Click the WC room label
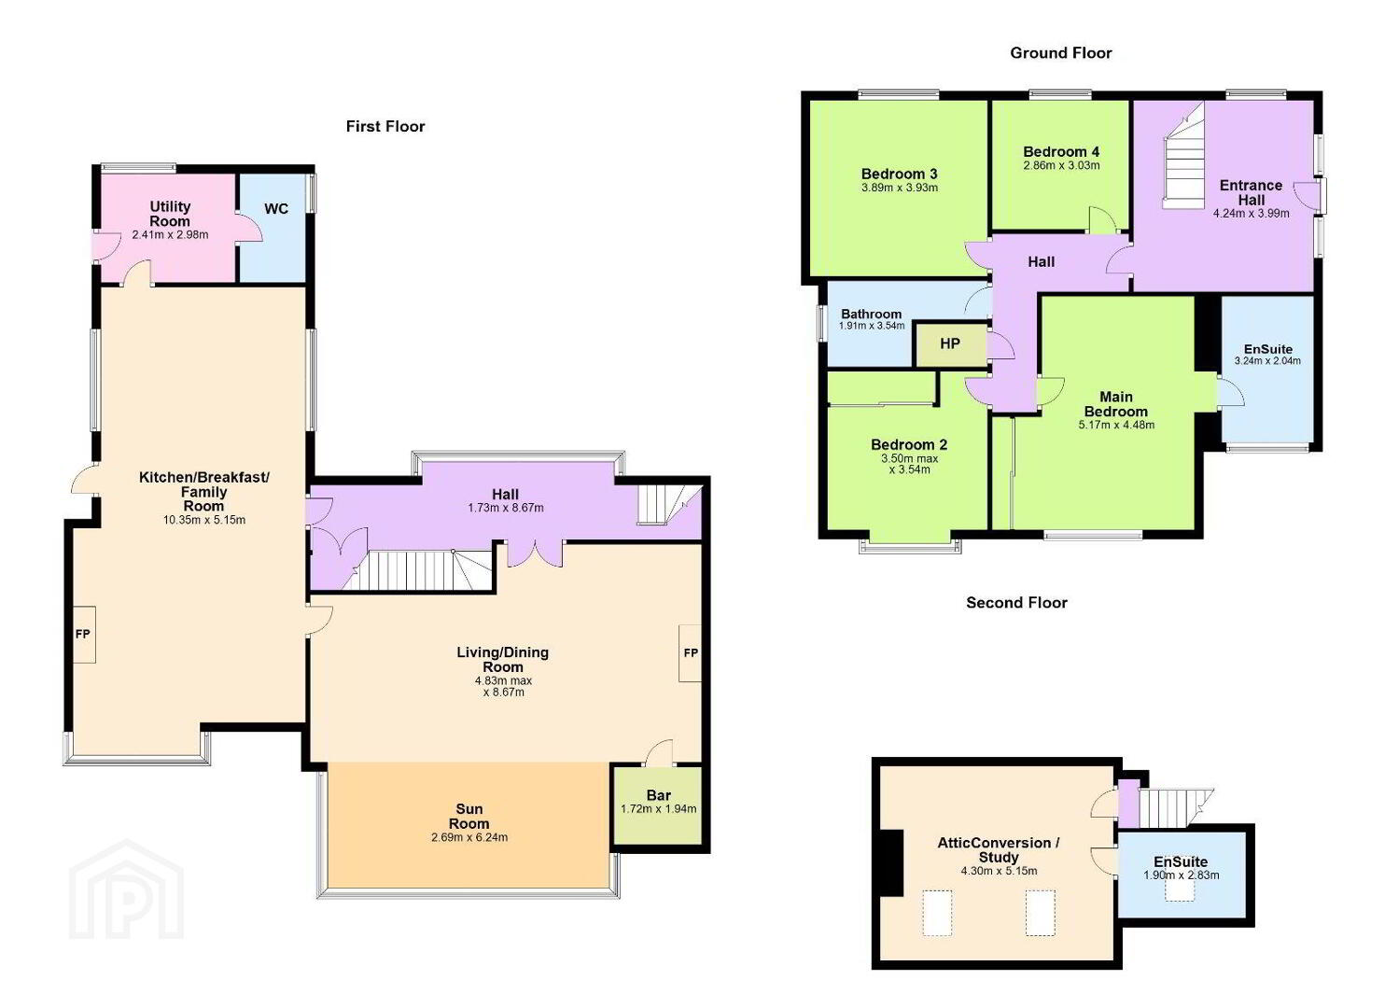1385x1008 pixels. (x=275, y=208)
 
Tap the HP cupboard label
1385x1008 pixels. (x=950, y=343)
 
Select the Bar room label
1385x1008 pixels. (x=659, y=795)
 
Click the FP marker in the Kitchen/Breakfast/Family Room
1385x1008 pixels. (x=83, y=634)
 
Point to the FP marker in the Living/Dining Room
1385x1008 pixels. (x=691, y=653)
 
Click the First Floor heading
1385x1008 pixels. (x=385, y=126)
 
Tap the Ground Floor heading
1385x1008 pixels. (x=1061, y=53)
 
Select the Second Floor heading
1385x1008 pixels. (x=1016, y=602)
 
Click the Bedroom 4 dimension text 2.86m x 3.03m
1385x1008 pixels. (x=1062, y=166)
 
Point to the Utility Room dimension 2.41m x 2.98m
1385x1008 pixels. (x=170, y=235)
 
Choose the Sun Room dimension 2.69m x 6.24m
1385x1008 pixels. (x=469, y=837)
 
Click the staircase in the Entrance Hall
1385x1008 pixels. (x=1183, y=157)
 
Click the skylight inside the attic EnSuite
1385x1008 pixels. (x=1180, y=890)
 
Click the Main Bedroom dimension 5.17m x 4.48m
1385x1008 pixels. (x=1116, y=425)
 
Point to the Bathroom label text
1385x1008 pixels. (x=871, y=315)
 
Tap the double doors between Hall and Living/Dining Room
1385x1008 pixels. (x=536, y=554)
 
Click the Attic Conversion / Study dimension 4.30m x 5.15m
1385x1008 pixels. (x=1000, y=871)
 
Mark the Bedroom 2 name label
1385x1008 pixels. (x=909, y=444)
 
